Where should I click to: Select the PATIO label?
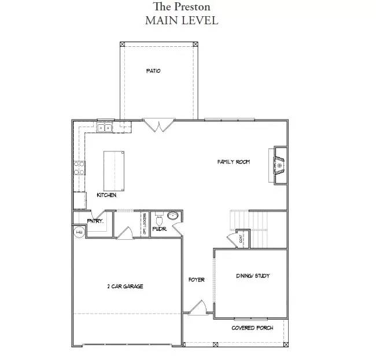pyautogui.click(x=153, y=71)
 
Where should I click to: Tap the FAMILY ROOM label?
pyautogui.click(x=233, y=162)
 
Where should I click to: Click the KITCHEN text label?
pyautogui.click(x=106, y=195)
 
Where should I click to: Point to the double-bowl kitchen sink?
pyautogui.click(x=105, y=128)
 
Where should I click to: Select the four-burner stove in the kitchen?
pyautogui.click(x=79, y=168)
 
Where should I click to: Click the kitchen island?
pyautogui.click(x=114, y=167)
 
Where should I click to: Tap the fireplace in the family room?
pyautogui.click(x=279, y=166)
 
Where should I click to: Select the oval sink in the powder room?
pyautogui.click(x=172, y=217)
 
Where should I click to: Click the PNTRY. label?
pyautogui.click(x=95, y=221)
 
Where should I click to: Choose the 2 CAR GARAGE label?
pyautogui.click(x=125, y=286)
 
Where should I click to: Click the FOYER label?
pyautogui.click(x=197, y=280)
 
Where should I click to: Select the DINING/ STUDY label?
pyautogui.click(x=253, y=276)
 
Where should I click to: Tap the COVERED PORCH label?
pyautogui.click(x=252, y=328)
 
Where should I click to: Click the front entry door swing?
pyautogui.click(x=198, y=307)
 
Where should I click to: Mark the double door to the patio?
pyautogui.click(x=157, y=125)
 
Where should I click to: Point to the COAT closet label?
pyautogui.click(x=240, y=239)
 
